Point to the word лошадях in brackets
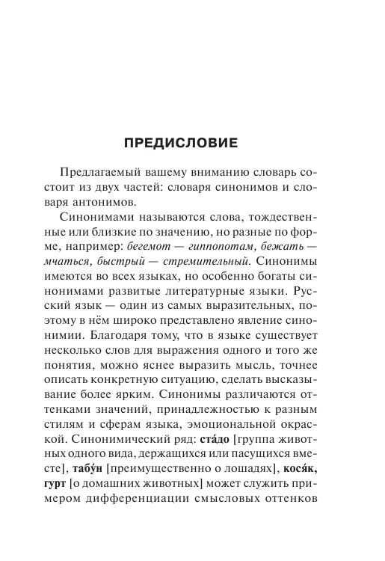tap(245, 481)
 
